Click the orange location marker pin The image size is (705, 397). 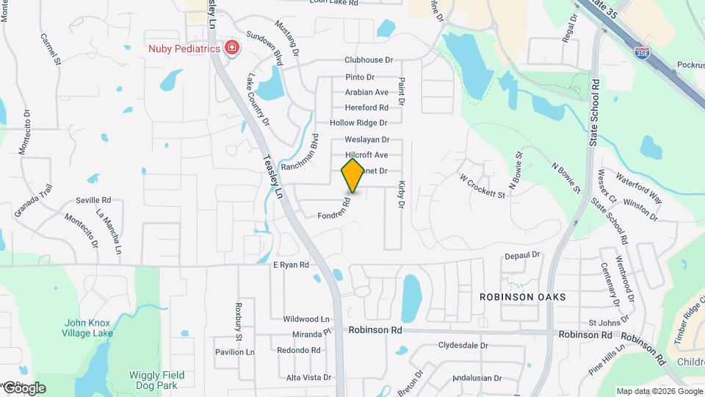[x=352, y=175]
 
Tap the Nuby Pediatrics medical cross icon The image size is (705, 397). [x=233, y=49]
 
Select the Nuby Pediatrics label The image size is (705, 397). [x=184, y=49]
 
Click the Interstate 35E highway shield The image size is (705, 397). [x=641, y=52]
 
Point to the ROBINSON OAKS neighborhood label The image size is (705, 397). [x=522, y=297]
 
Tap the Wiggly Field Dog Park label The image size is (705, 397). [x=153, y=379]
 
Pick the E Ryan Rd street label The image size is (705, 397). [x=291, y=265]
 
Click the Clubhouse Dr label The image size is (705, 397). [x=369, y=60]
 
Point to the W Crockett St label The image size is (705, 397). [x=482, y=187]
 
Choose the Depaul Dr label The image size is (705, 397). [x=522, y=255]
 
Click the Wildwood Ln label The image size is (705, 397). [x=306, y=319]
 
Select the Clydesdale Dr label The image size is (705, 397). [x=463, y=345]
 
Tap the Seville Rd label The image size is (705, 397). [x=93, y=200]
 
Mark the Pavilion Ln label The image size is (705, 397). [x=234, y=352]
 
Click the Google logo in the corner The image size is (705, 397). [x=23, y=387]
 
